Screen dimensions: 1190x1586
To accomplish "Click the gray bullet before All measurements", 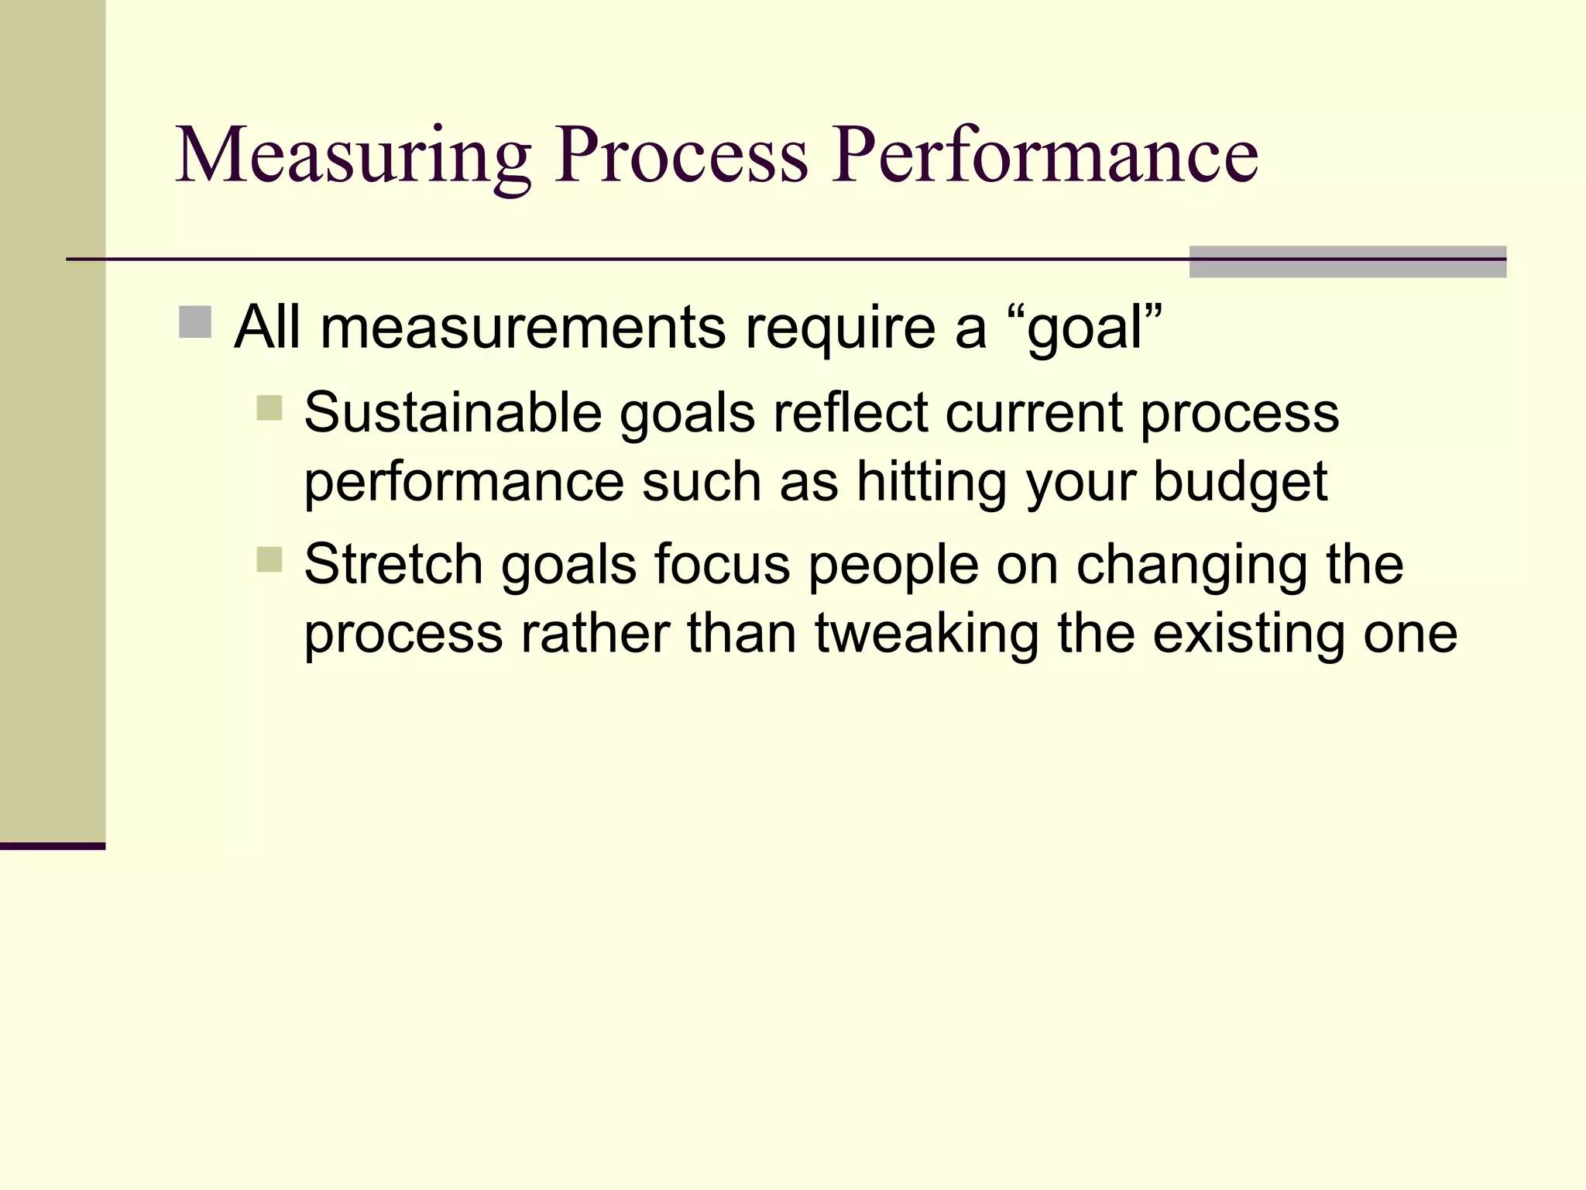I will [x=195, y=322].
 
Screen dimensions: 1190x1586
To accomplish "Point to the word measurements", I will [x=523, y=327].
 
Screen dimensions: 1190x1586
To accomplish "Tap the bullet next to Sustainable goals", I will [x=269, y=408].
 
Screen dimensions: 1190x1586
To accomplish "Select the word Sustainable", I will [x=453, y=412].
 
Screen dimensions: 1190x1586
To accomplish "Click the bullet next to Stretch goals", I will [x=269, y=559].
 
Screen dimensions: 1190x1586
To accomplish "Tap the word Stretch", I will [x=393, y=564].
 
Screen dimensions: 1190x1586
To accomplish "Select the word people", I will [x=894, y=566].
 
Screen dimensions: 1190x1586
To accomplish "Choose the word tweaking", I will [x=926, y=634].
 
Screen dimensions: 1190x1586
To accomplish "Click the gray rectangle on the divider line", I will [x=1347, y=262].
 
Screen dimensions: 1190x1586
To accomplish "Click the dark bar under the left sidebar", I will [x=52, y=846].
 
